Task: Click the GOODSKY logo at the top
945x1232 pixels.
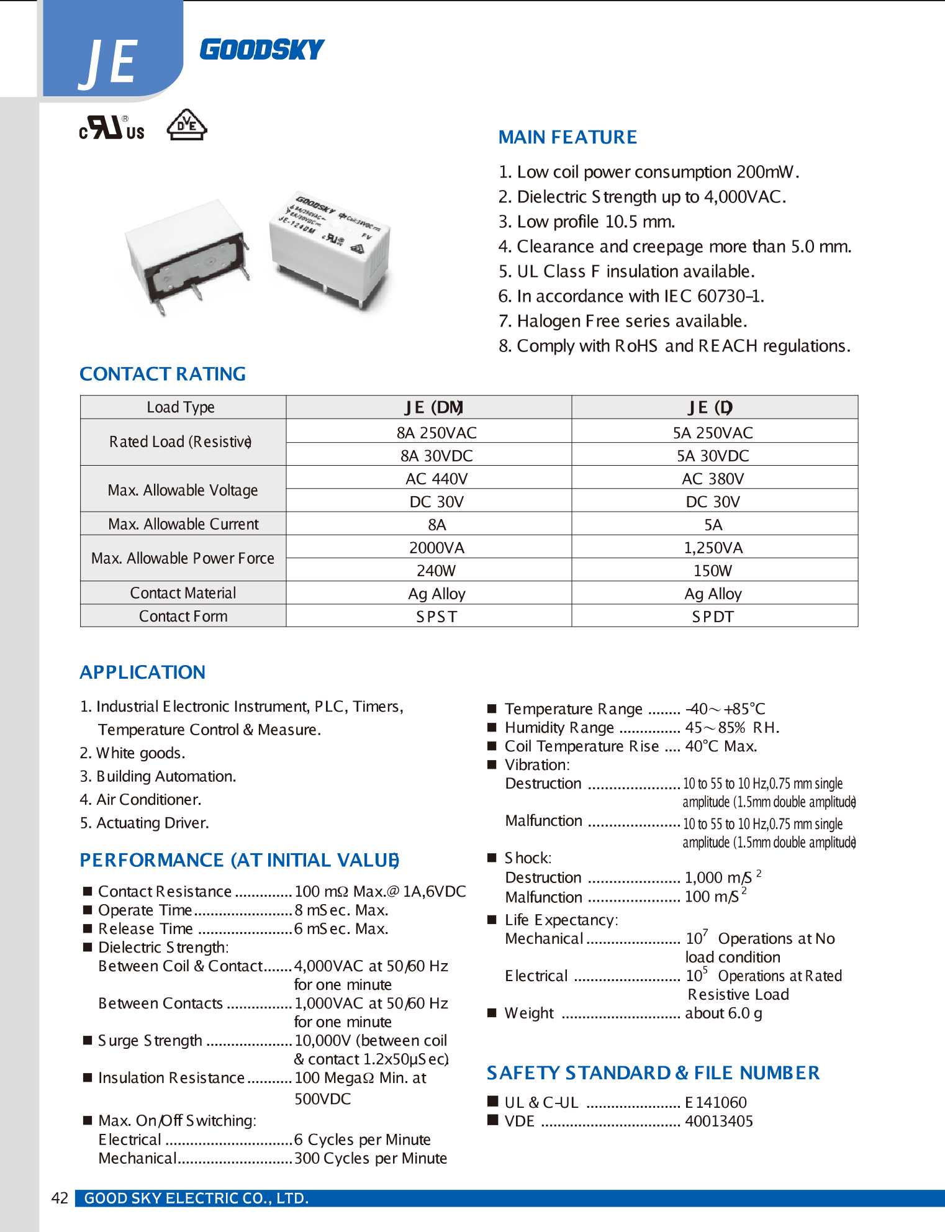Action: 261,50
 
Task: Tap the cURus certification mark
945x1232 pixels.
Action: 112,128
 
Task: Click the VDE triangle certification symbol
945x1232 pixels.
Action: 186,125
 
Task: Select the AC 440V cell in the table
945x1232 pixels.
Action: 436,479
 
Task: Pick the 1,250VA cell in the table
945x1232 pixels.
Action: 713,548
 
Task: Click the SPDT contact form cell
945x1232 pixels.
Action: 713,617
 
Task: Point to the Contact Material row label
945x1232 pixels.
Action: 183,593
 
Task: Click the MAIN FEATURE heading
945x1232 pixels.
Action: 567,137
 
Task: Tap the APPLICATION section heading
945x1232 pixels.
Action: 142,672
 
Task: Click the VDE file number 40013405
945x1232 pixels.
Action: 718,1121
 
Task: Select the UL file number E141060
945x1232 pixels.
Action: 715,1102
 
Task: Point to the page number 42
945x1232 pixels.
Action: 60,1198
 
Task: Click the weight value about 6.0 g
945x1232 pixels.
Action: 723,1013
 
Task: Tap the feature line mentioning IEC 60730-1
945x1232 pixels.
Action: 630,296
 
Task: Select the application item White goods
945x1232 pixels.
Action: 132,753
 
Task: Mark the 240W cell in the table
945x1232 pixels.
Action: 436,571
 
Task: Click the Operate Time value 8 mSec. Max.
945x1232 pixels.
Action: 341,910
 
